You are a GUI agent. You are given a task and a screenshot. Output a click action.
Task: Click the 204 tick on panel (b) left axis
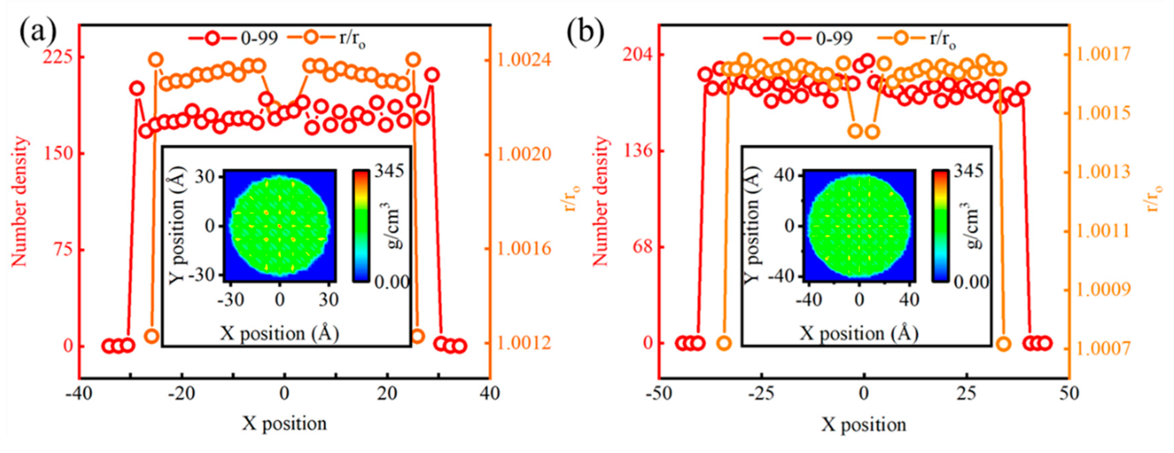pos(638,55)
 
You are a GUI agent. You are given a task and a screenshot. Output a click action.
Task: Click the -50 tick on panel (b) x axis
pos(660,393)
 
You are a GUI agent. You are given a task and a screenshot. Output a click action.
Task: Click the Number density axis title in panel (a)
pos(19,201)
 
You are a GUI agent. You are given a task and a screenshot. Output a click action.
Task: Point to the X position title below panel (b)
pos(864,425)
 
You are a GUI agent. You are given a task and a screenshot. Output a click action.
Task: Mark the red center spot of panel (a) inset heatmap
pos(279,226)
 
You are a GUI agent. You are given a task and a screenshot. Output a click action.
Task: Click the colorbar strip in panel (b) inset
pos(940,226)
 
